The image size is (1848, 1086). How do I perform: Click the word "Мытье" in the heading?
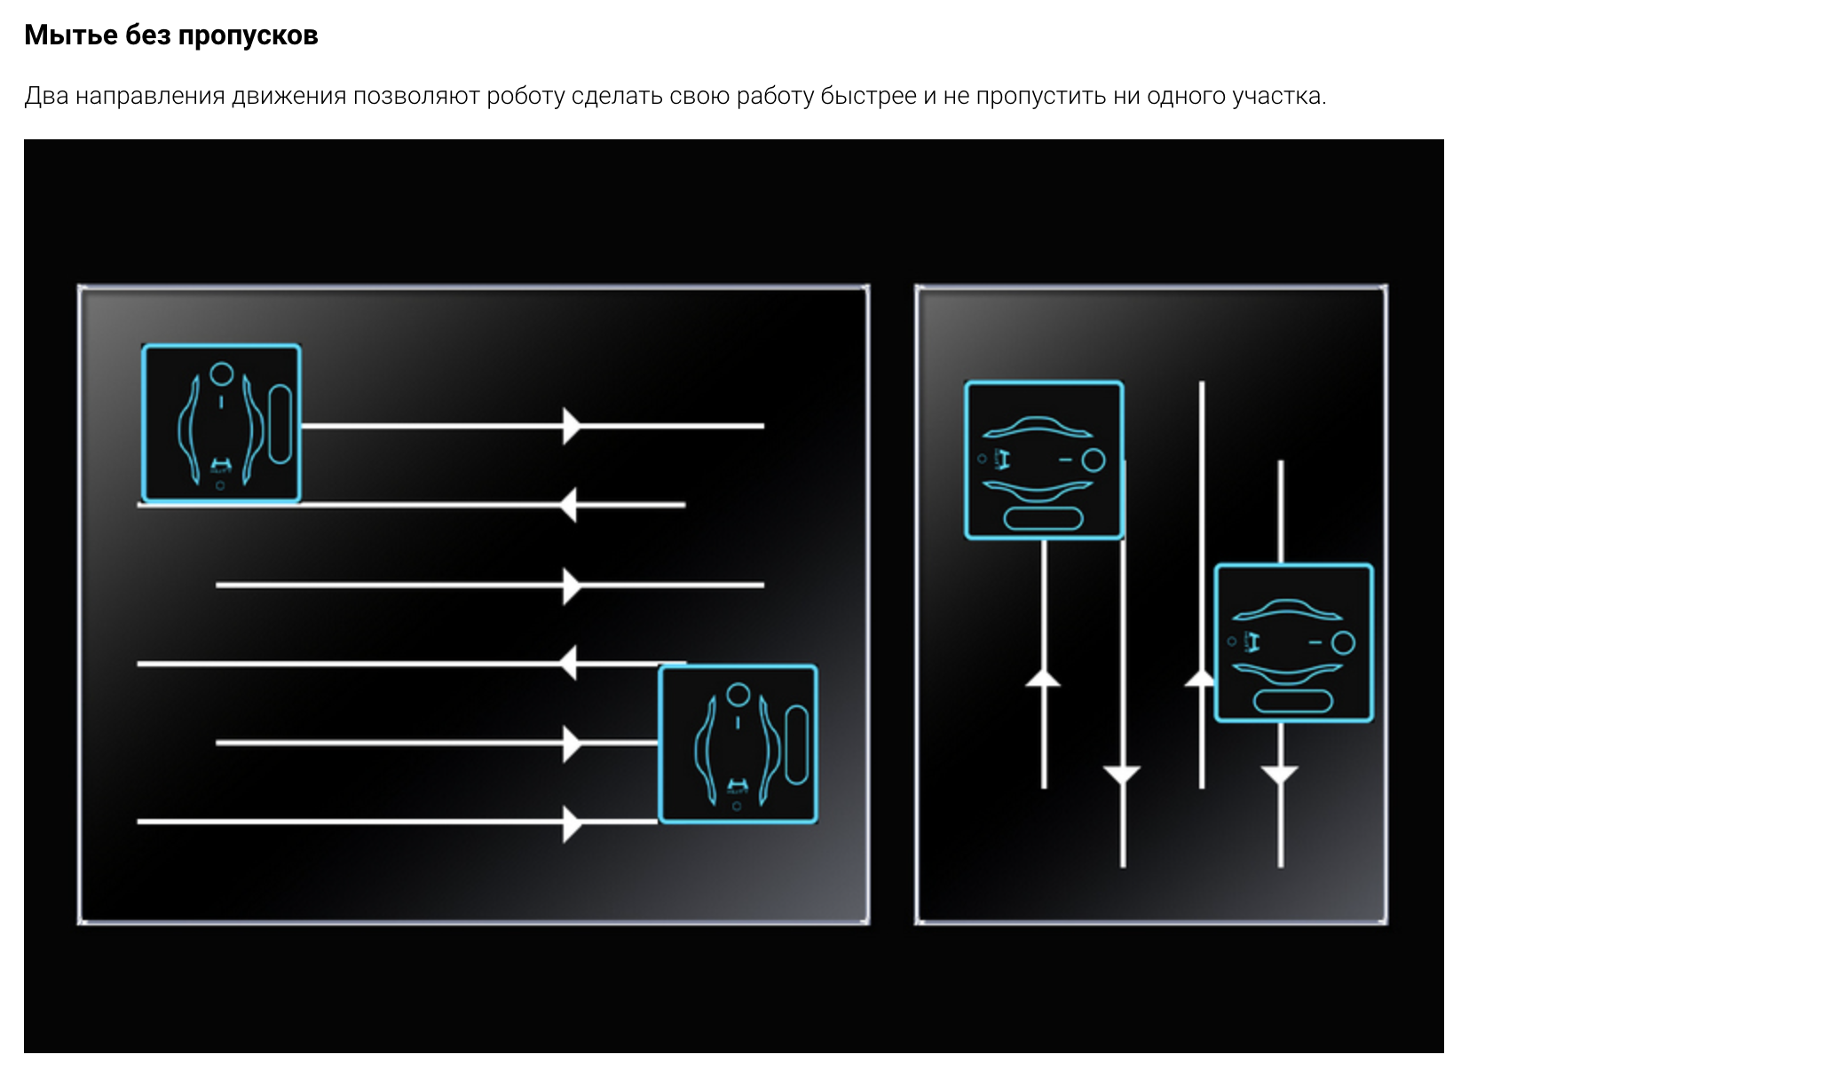[x=71, y=35]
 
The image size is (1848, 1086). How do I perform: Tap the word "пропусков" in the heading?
[x=248, y=36]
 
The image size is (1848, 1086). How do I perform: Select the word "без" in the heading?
[x=148, y=35]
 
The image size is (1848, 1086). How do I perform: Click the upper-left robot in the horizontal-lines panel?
[x=221, y=423]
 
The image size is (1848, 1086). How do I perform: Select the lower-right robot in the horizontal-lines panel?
[x=738, y=744]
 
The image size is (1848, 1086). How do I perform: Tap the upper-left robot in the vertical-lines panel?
[x=1044, y=460]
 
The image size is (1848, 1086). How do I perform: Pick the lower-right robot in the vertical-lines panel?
[x=1293, y=642]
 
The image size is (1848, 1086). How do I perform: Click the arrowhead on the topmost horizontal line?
[x=572, y=426]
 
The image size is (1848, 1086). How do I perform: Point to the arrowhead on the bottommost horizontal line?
[x=572, y=822]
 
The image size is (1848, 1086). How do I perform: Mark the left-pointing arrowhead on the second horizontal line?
[x=568, y=505]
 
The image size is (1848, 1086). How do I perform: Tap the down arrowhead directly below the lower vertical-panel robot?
[x=1280, y=775]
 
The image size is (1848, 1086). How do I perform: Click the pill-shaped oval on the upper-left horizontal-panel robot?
[x=280, y=424]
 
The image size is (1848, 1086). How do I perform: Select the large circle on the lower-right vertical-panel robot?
[x=1343, y=642]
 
